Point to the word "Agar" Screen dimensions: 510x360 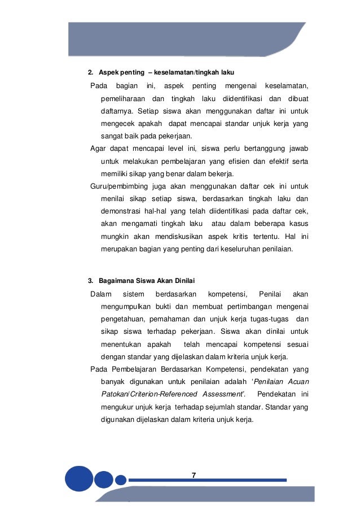pos(98,149)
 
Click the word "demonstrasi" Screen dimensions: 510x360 pos(120,211)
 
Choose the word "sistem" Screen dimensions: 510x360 pos(133,294)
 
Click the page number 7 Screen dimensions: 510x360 pos(194,475)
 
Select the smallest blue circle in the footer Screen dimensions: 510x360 pos(121,480)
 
